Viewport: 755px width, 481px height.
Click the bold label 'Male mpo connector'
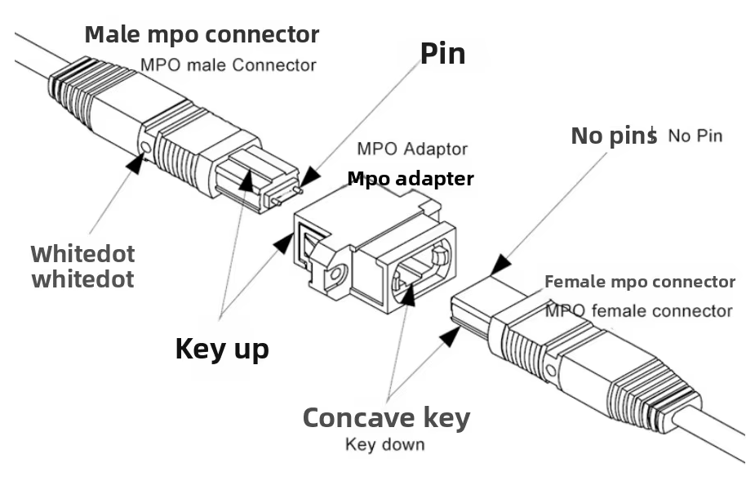coord(202,35)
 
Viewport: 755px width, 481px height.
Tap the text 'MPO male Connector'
coord(229,65)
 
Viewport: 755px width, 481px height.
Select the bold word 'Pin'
coord(442,53)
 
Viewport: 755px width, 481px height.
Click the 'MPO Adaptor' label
coord(412,149)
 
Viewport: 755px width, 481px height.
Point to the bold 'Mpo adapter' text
coord(411,178)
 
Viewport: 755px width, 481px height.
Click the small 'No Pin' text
coord(695,136)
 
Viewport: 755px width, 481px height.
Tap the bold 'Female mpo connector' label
coord(640,283)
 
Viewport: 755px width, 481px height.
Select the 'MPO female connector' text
coord(638,311)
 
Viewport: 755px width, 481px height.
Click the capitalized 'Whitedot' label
coord(82,253)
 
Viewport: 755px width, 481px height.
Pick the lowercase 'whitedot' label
coord(82,279)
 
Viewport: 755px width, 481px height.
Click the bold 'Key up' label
coord(222,349)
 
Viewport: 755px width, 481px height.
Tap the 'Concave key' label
coord(386,417)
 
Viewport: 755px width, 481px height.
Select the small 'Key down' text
coord(385,445)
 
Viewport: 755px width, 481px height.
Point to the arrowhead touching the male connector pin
coord(309,177)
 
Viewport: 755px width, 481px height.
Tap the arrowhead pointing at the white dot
coord(133,163)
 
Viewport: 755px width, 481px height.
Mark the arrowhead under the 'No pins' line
coord(500,264)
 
